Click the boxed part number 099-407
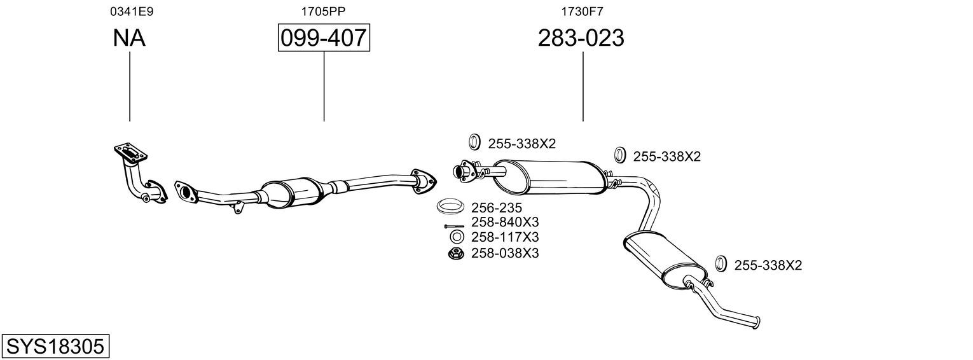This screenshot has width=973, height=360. coord(324,38)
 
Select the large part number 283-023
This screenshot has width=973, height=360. coord(581,38)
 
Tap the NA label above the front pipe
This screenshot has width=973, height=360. coord(129,38)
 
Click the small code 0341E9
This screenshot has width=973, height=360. coord(132,11)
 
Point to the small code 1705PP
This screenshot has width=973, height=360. coord(323,11)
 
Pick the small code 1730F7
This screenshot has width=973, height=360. coord(582,11)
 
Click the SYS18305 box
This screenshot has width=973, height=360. coord(55,347)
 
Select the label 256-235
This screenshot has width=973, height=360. coord(497,207)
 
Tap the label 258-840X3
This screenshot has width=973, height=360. coord(505,223)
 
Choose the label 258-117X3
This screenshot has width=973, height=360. coord(505,237)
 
